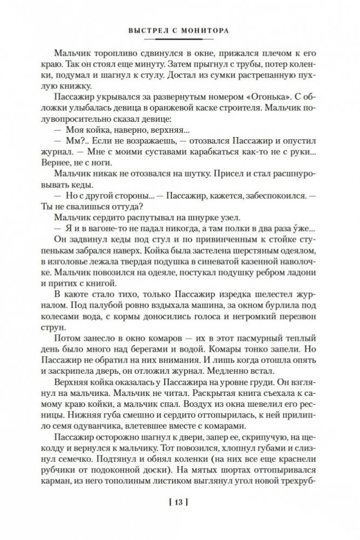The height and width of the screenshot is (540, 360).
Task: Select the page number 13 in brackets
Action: (178, 505)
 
